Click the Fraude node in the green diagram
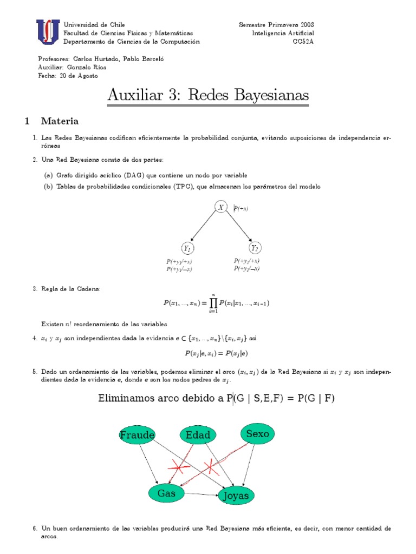coord(138,435)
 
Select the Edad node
coord(198,436)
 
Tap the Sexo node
coord(257,434)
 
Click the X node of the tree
coord(221,207)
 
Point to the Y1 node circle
coord(187,248)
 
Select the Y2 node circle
coord(255,248)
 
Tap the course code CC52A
coord(303,42)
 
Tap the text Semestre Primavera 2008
coord(276,25)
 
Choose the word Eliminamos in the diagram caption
coord(127,399)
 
